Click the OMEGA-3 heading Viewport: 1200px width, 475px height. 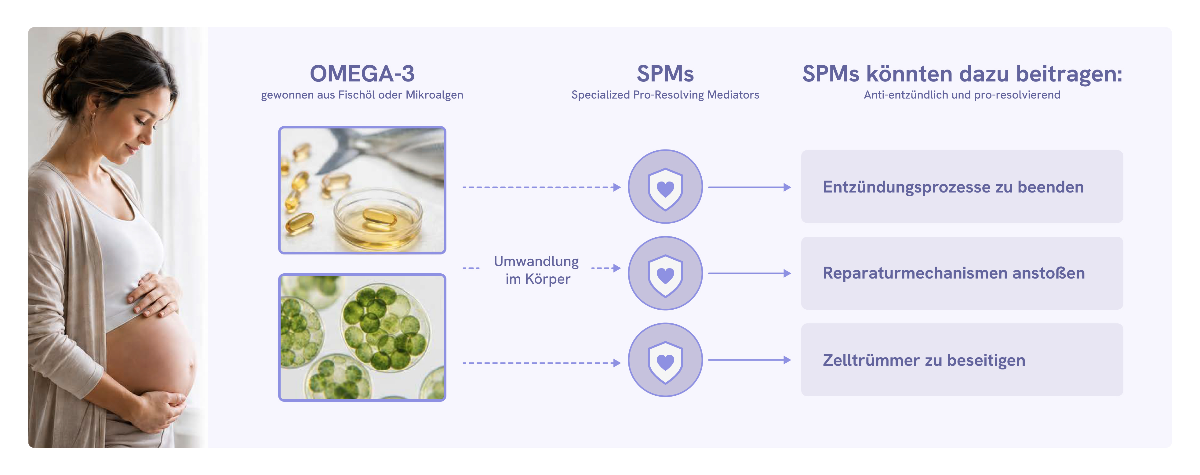tap(362, 74)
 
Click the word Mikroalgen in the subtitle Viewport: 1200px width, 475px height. tap(434, 95)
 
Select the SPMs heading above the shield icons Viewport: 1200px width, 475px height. tap(665, 74)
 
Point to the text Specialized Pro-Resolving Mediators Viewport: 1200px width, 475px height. tap(665, 95)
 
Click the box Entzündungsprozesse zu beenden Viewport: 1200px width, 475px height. tap(962, 187)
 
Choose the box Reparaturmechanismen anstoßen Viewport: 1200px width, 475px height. tap(962, 273)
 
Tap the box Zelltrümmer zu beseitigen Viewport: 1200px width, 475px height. tap(962, 360)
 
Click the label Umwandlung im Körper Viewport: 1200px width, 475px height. tap(537, 270)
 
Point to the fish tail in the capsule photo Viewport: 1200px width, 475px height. tap(345, 149)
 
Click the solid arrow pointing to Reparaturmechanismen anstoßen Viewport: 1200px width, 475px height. tap(750, 273)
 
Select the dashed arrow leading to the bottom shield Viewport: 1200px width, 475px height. tap(542, 363)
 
